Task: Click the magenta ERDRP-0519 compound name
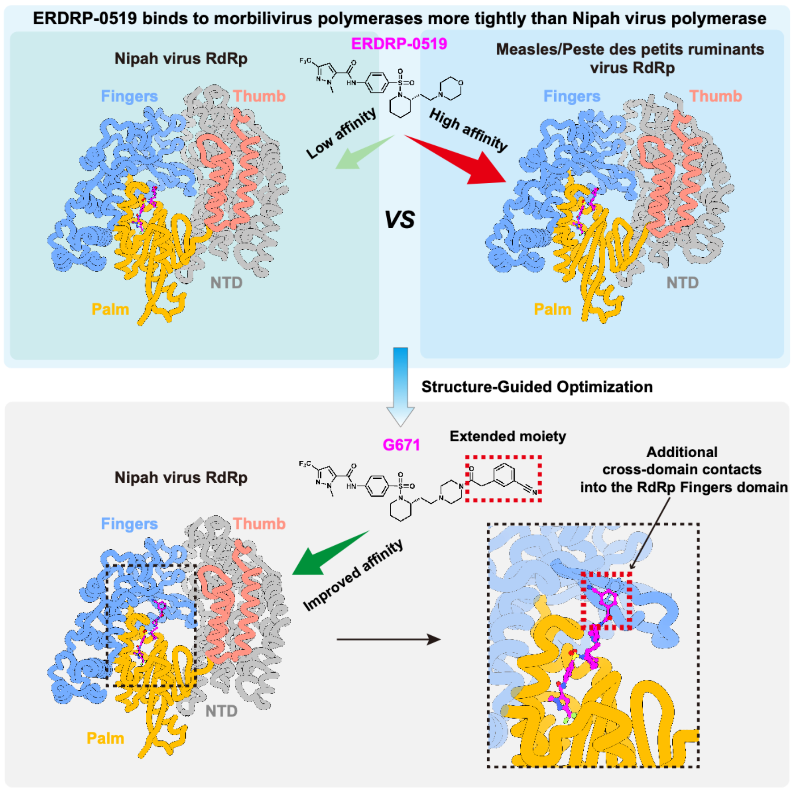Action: click(x=399, y=44)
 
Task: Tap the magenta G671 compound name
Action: click(x=401, y=445)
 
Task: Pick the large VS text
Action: click(x=400, y=219)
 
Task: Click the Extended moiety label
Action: click(x=507, y=436)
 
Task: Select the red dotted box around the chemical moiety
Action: click(x=504, y=479)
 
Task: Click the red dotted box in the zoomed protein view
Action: click(x=607, y=601)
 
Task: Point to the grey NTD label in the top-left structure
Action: click(x=226, y=282)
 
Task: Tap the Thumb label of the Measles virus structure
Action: click(x=715, y=96)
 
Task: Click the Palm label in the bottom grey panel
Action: click(x=105, y=738)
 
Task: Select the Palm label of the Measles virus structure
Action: click(x=552, y=309)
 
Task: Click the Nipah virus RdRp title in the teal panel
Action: click(x=181, y=59)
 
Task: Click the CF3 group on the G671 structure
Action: click(x=305, y=464)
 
